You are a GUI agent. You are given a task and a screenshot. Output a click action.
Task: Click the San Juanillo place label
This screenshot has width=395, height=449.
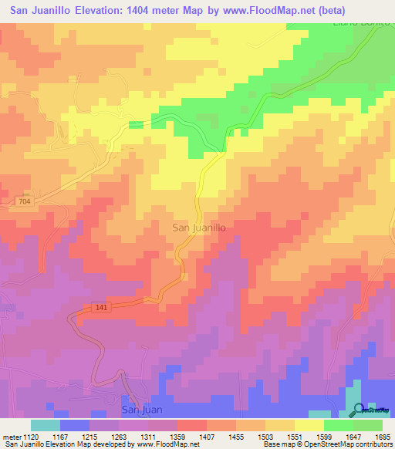click(x=198, y=228)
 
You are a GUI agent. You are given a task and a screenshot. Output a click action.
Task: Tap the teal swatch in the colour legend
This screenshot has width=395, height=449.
click(x=46, y=425)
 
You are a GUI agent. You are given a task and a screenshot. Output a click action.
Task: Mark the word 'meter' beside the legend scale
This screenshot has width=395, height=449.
click(x=13, y=436)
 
